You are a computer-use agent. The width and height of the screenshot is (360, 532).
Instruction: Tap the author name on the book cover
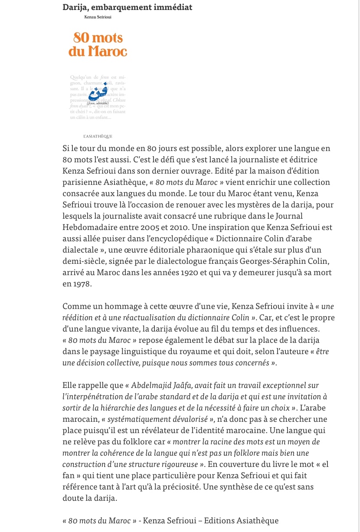coord(98,17)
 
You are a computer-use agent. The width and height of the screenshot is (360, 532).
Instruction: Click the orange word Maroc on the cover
coord(107,51)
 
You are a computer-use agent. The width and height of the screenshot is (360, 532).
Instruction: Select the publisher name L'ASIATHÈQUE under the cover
coord(98,136)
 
